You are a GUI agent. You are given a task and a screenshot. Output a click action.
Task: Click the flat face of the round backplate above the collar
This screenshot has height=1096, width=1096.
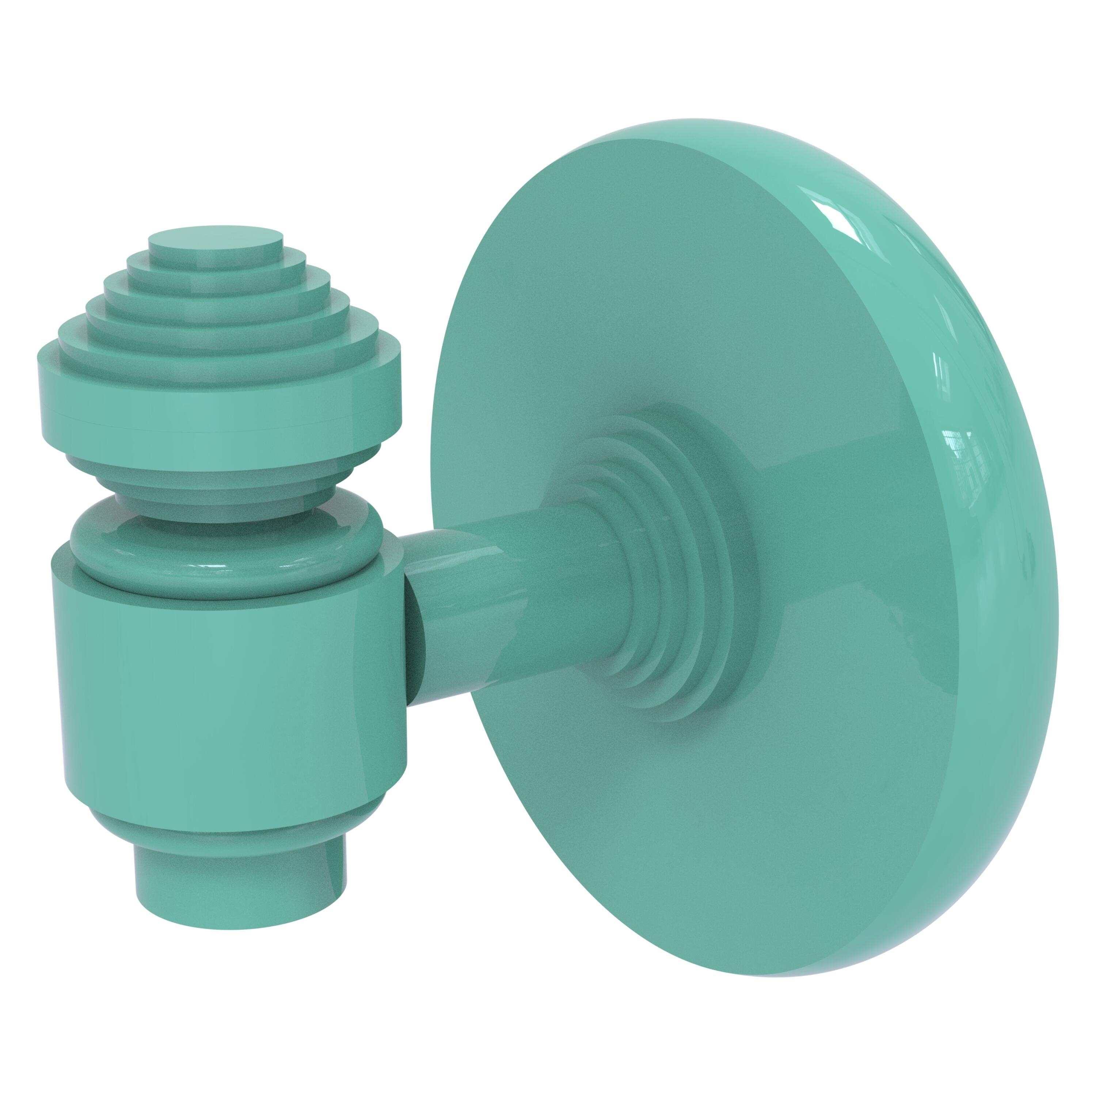click(652, 283)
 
